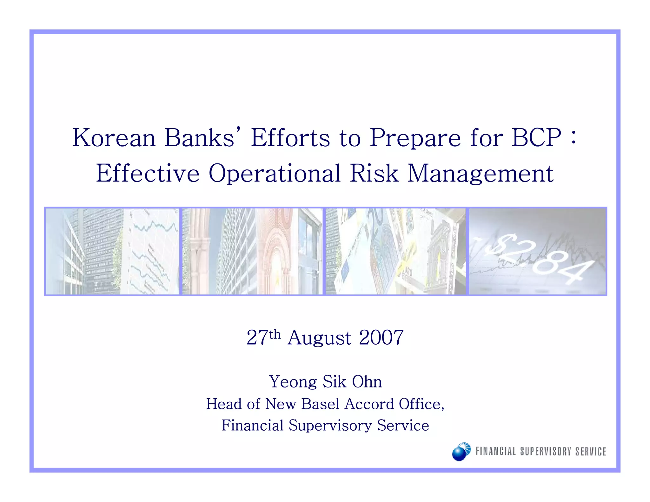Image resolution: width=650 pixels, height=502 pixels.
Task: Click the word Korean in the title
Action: pyautogui.click(x=114, y=138)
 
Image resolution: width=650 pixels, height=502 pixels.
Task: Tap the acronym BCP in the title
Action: pyautogui.click(x=536, y=138)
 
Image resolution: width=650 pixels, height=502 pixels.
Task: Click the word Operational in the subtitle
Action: pyautogui.click(x=275, y=174)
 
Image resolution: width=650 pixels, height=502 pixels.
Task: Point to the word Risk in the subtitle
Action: pyautogui.click(x=374, y=174)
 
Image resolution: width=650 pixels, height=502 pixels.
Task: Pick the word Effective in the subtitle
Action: pyautogui.click(x=148, y=174)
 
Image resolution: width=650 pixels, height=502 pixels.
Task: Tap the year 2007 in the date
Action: pyautogui.click(x=381, y=338)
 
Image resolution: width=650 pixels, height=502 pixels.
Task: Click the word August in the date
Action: pyautogui.click(x=319, y=338)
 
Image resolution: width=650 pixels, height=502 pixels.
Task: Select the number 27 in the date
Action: pyautogui.click(x=257, y=338)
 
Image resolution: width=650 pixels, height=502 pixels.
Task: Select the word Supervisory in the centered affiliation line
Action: pyautogui.click(x=330, y=426)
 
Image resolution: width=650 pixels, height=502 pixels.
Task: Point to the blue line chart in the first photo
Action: pyautogui.click(x=152, y=251)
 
